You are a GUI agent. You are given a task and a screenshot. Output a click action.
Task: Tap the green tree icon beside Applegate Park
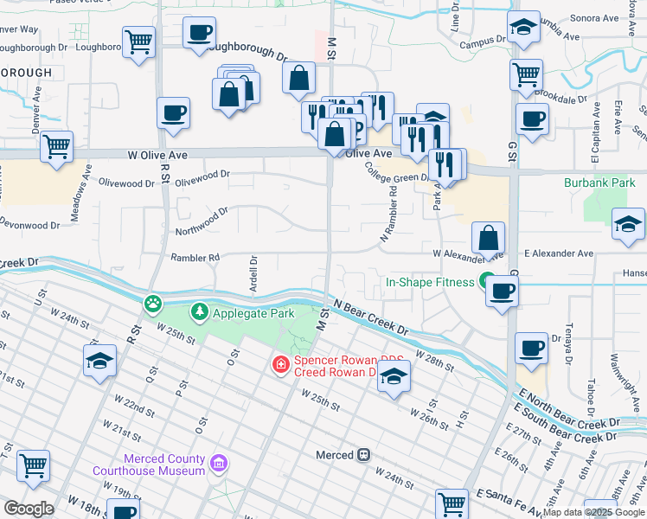click(200, 311)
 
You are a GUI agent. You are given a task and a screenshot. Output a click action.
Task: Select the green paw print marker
click(153, 303)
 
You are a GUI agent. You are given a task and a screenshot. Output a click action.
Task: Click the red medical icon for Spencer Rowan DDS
click(280, 365)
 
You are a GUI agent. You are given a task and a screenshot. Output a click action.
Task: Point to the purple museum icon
click(220, 465)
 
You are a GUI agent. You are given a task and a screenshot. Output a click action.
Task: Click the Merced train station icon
click(365, 454)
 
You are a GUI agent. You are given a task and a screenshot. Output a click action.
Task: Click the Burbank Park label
click(599, 183)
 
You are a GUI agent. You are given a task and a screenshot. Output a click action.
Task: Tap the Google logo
click(29, 509)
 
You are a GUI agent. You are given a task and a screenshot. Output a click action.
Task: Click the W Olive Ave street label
click(157, 153)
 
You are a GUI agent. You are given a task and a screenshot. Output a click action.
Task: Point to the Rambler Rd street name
click(195, 257)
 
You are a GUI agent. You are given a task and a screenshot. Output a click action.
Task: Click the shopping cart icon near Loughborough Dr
click(138, 41)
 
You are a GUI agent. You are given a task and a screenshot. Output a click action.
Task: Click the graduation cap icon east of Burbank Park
click(628, 225)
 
